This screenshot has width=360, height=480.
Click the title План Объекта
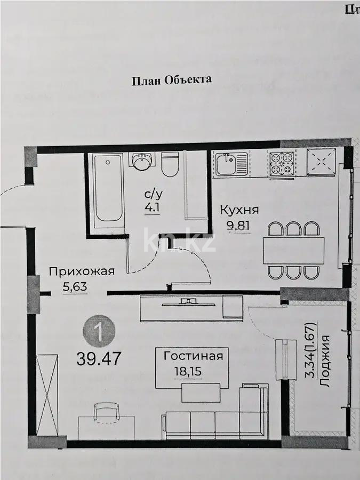coord(171,80)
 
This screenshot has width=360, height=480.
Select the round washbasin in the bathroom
coord(142,161)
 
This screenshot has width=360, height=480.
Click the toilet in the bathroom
coord(170,165)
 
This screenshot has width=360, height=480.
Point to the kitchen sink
coord(231,164)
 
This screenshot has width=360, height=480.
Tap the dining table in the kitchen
coord(293,249)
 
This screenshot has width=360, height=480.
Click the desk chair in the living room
coord(103,412)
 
